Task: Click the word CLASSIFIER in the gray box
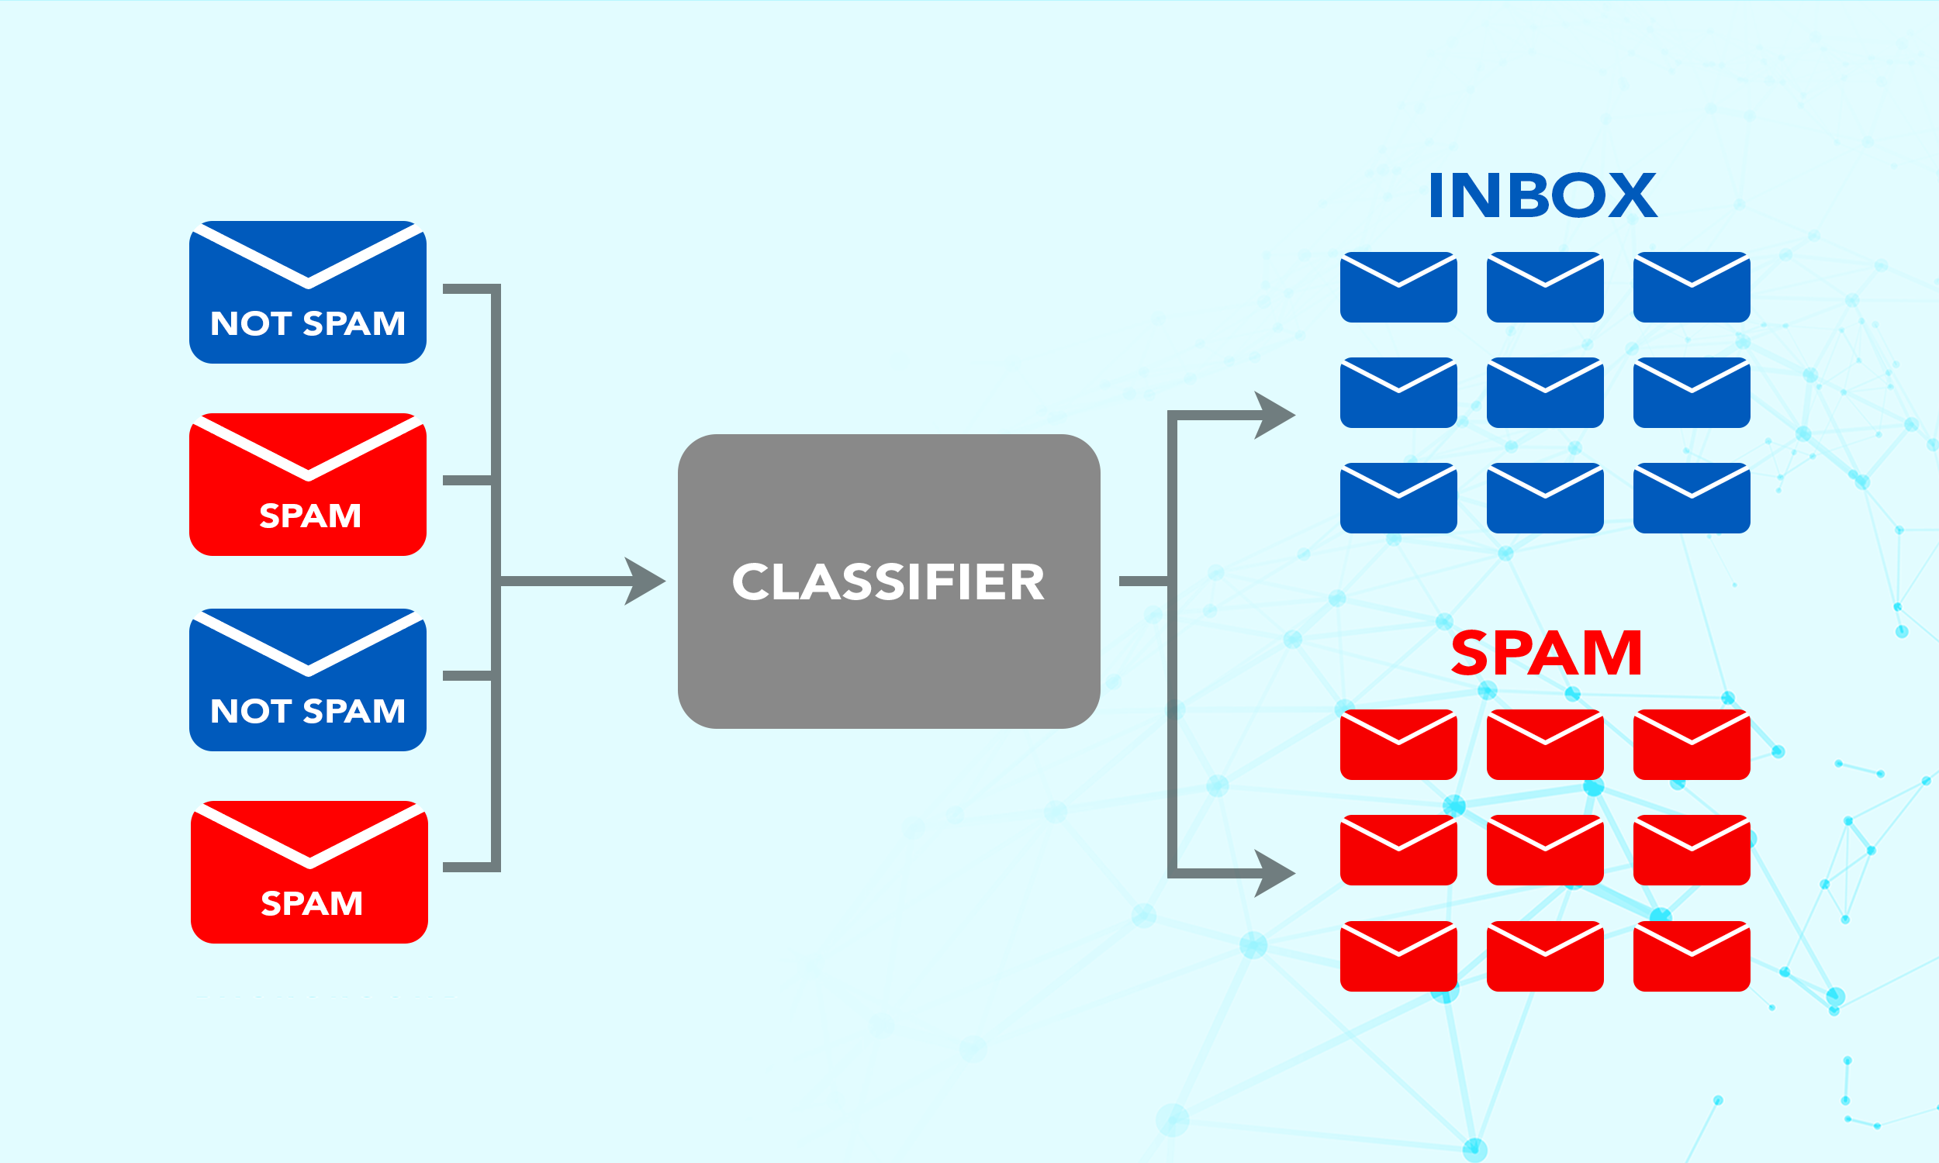888,582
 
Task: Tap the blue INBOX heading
1542,196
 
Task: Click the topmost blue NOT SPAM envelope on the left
307,292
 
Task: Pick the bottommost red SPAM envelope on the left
309,872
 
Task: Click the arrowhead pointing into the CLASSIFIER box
646,581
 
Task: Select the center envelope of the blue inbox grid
1545,392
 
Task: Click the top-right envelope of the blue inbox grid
1692,287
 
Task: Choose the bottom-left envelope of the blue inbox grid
1398,499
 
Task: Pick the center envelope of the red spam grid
1545,851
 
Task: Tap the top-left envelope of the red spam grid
1398,744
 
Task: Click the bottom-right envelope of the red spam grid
1692,956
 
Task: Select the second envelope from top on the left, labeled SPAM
307,485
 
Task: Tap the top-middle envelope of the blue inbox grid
1545,287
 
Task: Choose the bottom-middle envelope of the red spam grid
1545,956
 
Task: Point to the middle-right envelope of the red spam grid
1692,851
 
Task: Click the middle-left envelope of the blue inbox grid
1398,392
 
